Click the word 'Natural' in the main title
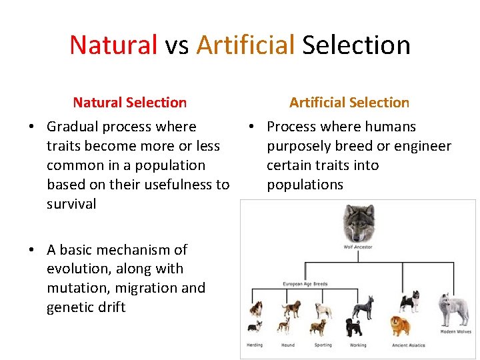tap(113, 45)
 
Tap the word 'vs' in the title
tap(177, 45)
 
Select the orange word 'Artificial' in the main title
tap(245, 45)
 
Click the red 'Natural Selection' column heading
tap(129, 103)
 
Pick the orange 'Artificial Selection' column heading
tap(349, 103)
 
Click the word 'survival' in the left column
tap(71, 204)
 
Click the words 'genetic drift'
tap(86, 307)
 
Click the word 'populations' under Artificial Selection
tap(305, 185)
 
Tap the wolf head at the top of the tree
tap(359, 223)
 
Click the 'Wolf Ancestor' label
tap(359, 247)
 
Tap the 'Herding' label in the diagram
tap(255, 345)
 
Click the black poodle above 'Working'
tap(354, 327)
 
